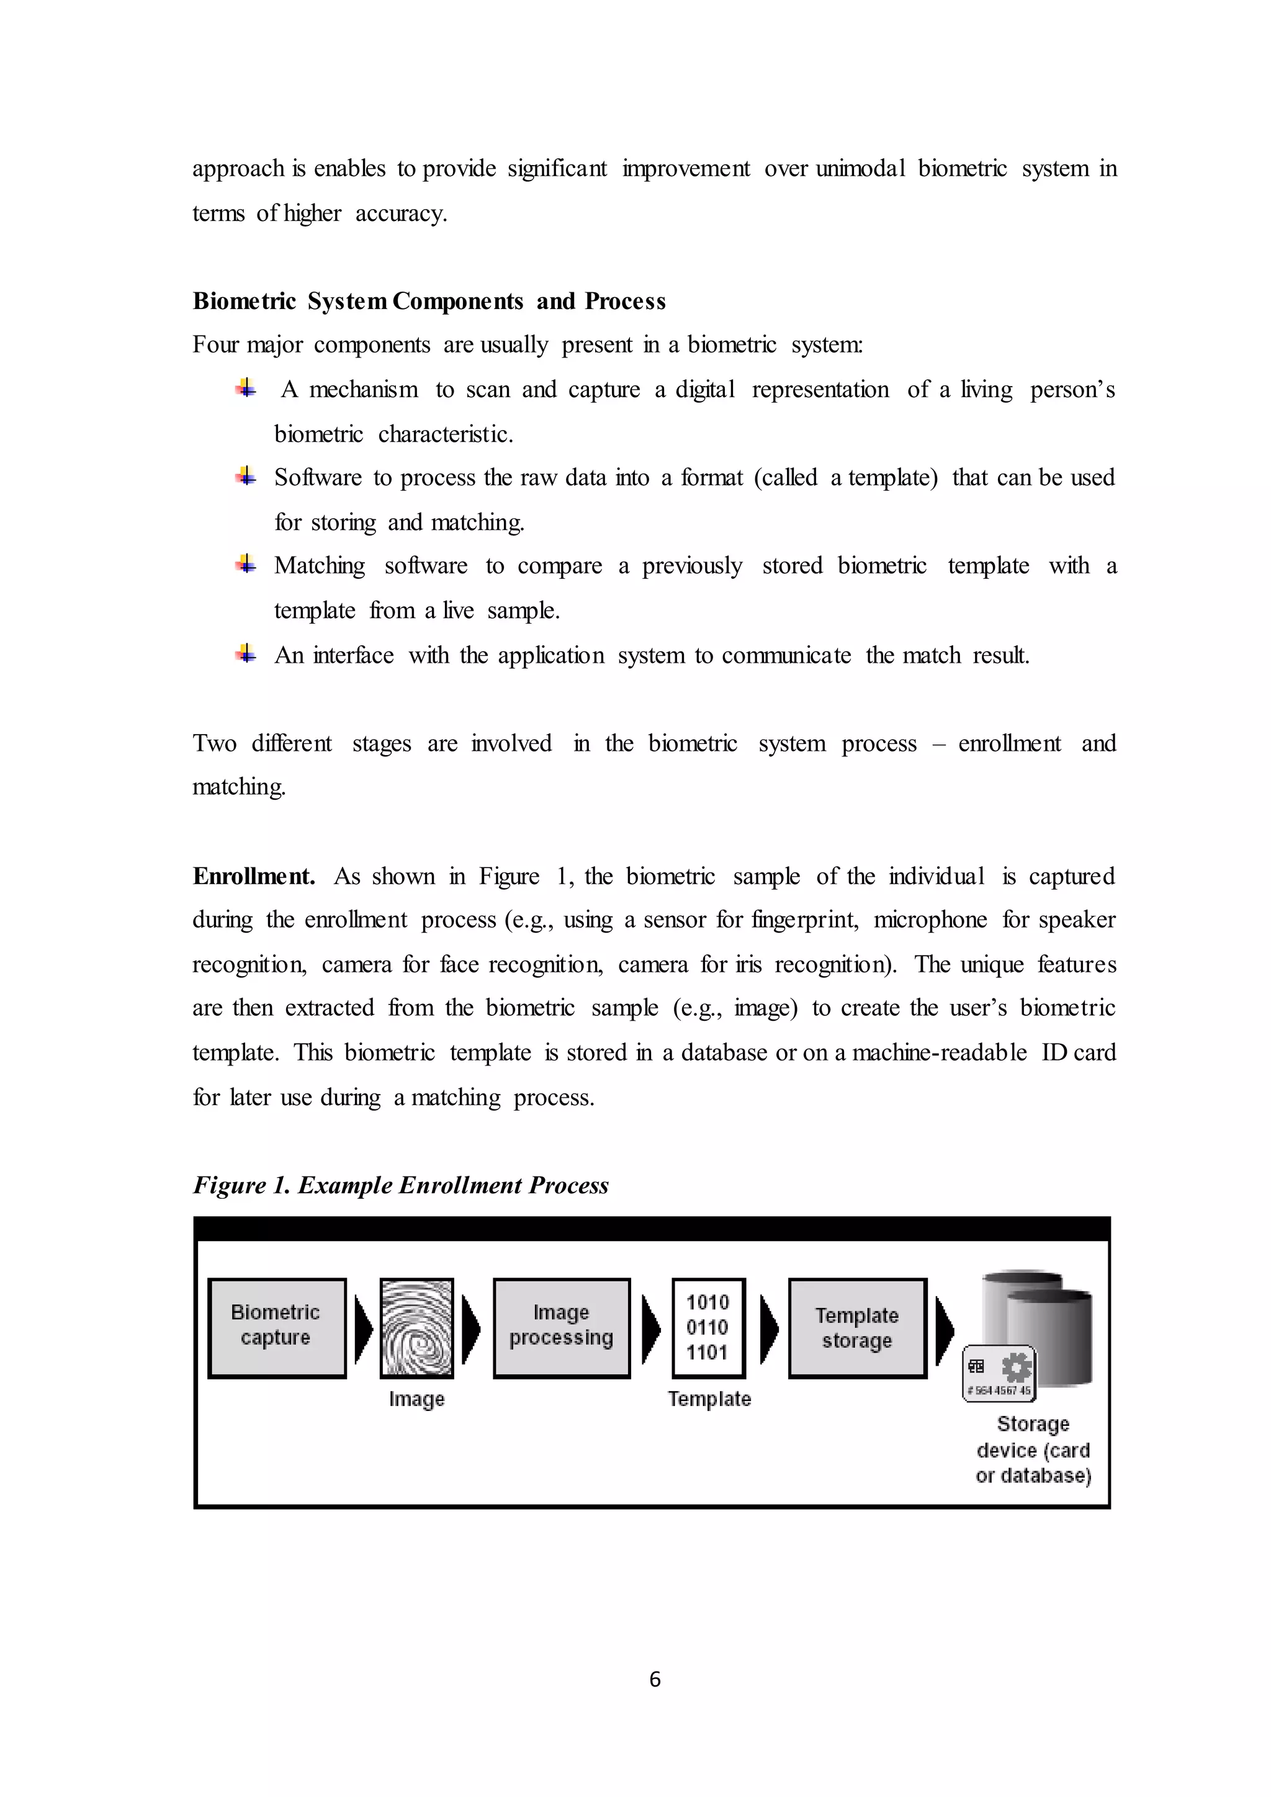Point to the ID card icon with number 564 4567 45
(x=999, y=1374)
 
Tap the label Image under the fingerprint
(x=416, y=1399)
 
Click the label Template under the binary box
(x=709, y=1399)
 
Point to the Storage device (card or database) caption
(x=1033, y=1450)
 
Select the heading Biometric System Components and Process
(x=429, y=302)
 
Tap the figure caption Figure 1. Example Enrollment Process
(x=401, y=1185)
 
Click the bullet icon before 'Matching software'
(x=246, y=563)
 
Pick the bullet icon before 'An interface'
(x=246, y=653)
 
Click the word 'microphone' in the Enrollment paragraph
(x=930, y=920)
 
